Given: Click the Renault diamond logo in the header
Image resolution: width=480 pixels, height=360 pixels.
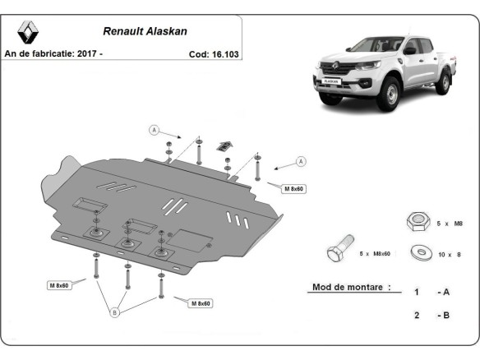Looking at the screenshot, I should click(x=27, y=32).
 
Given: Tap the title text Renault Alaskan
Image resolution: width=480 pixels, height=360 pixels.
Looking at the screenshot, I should click(x=145, y=32).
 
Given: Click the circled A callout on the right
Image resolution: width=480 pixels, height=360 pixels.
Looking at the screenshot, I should click(x=301, y=160).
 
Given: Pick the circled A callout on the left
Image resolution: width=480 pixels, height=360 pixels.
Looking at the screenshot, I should click(x=153, y=129).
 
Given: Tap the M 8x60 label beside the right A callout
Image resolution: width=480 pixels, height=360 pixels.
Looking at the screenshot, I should click(x=294, y=189).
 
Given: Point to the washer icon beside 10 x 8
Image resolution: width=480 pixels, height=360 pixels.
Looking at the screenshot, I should click(x=422, y=253).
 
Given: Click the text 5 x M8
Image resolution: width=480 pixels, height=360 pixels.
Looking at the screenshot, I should click(x=449, y=223).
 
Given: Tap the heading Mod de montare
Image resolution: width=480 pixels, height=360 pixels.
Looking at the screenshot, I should click(x=350, y=288).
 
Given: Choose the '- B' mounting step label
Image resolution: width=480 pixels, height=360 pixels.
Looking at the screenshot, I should click(x=442, y=315).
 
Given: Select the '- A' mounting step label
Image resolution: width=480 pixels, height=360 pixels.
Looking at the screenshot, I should click(x=442, y=292).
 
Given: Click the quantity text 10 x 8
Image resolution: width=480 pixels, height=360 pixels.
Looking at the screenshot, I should click(x=449, y=255).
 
